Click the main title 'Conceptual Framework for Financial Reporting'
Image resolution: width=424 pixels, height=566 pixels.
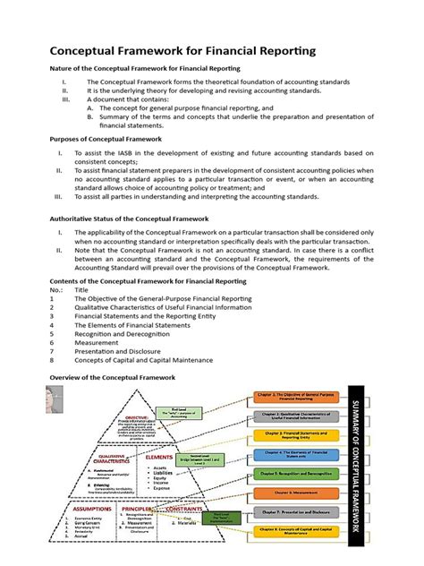[x=170, y=51]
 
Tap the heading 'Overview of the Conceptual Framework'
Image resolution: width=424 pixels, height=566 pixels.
[x=106, y=377]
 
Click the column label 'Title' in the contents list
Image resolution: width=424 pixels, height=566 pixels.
[x=82, y=290]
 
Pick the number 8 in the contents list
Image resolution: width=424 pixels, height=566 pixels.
[x=53, y=361]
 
